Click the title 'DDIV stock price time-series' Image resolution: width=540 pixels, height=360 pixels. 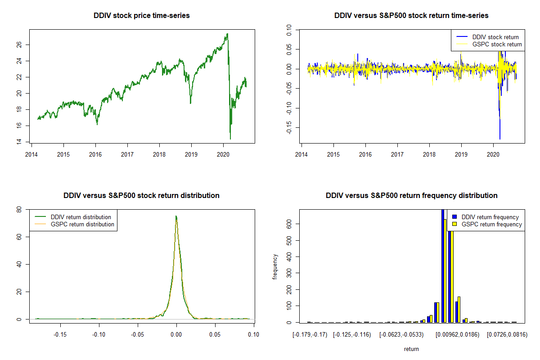[142, 16]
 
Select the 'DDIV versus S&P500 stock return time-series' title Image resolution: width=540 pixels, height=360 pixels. [411, 16]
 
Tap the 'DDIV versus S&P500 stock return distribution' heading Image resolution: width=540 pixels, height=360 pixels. [142, 196]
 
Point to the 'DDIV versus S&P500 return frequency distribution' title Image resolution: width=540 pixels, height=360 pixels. [411, 196]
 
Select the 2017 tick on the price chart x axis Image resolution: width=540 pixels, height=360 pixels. [127, 152]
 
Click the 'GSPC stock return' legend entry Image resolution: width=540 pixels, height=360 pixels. [497, 45]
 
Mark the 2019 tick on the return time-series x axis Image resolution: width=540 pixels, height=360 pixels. [461, 152]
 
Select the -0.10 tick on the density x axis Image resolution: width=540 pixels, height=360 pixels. [99, 334]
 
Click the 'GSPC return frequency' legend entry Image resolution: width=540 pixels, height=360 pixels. [492, 225]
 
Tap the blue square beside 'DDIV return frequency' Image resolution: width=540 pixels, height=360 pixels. [455, 217]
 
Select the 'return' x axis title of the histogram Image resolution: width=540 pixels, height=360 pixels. [411, 349]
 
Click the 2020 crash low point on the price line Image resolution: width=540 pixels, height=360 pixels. [230, 139]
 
